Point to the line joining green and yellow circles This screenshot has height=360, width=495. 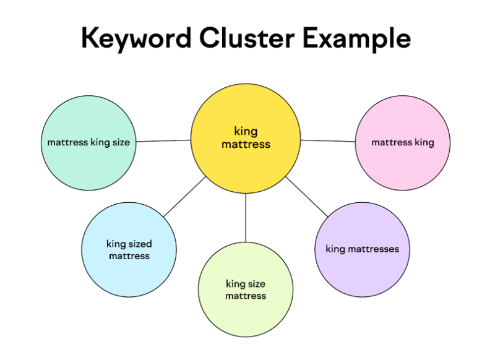(163, 141)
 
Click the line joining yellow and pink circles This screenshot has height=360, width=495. (328, 141)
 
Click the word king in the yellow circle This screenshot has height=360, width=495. (246, 131)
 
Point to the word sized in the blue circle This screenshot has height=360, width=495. (140, 244)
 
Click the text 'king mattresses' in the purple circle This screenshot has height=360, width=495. (362, 249)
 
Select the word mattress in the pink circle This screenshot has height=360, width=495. (392, 142)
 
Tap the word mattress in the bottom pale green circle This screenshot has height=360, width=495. (246, 296)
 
